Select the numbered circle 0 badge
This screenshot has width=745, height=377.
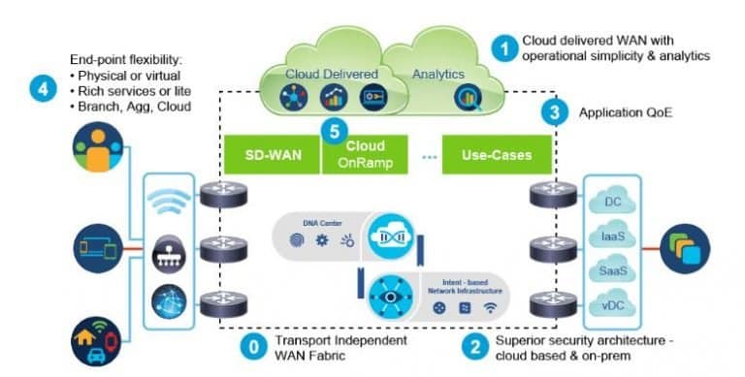click(x=253, y=347)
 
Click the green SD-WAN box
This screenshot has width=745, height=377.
click(x=272, y=154)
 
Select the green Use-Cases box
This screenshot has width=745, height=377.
click(x=485, y=154)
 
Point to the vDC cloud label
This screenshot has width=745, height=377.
click(x=612, y=307)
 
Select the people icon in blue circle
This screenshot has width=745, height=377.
click(x=98, y=152)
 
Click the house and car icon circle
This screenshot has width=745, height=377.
click(x=97, y=340)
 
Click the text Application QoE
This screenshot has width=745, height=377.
click(x=624, y=112)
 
